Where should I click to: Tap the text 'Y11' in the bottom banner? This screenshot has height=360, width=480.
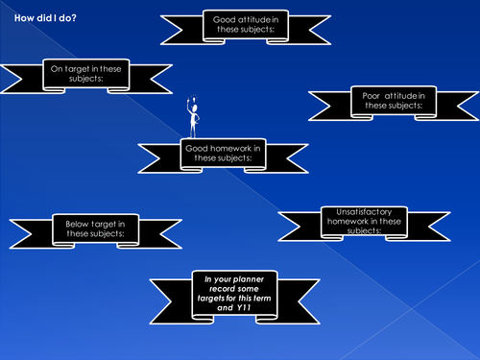point(252,308)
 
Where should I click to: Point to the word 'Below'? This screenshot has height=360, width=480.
point(78,224)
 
